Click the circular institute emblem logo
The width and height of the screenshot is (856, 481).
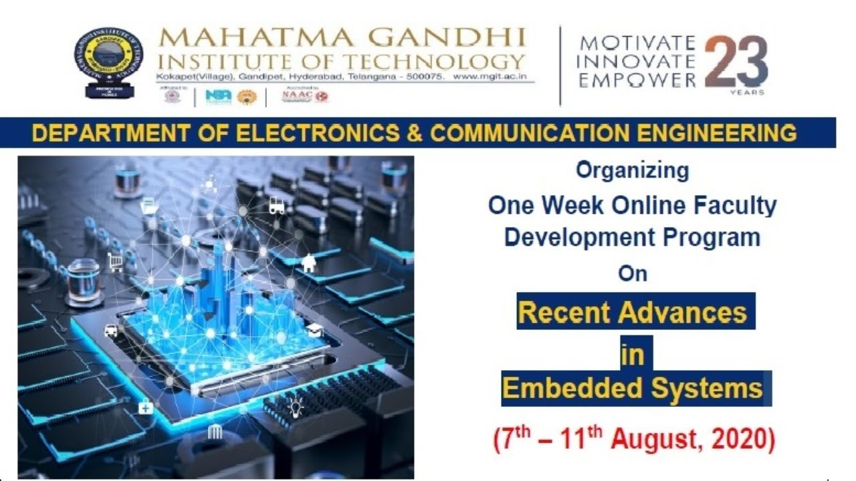click(108, 60)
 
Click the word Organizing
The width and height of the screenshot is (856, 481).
click(632, 171)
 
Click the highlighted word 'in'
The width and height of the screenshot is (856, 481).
click(632, 355)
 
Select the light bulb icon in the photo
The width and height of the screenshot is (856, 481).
click(295, 406)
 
